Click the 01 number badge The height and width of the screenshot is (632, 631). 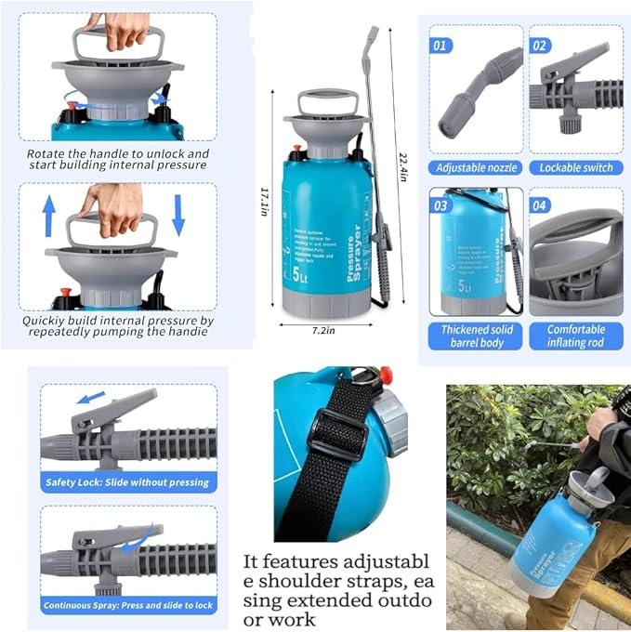coord(440,45)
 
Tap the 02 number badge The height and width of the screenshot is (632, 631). coord(540,45)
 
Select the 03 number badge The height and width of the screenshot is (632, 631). coord(440,204)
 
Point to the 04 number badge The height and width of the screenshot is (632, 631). coord(541,204)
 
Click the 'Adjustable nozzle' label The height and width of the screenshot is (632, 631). coord(476,168)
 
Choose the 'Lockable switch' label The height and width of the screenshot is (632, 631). coord(576,168)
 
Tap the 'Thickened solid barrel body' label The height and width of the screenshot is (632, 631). coord(476,336)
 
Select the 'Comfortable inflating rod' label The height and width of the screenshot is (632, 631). coord(576,336)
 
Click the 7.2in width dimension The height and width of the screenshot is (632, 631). coord(324,329)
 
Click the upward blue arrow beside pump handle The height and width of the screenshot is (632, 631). coord(48,215)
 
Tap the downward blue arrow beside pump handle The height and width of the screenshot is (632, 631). coord(178,215)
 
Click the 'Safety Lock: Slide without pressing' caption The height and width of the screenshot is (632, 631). coord(128,482)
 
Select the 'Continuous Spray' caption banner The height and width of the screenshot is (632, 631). coord(128,605)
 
